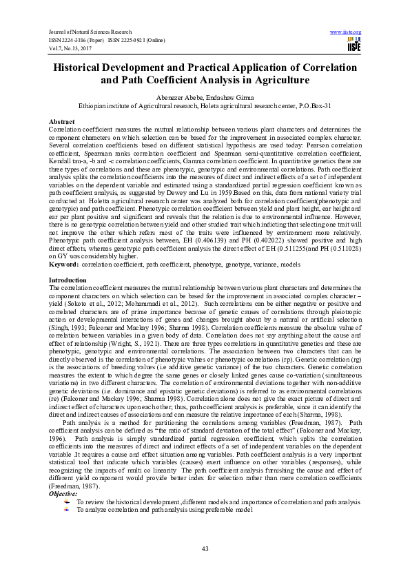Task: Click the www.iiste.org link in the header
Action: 345,32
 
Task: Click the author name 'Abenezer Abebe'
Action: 178,98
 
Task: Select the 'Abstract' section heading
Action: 61,121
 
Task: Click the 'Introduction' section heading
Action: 67,280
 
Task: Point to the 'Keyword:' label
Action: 63,264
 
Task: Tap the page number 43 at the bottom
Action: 205,548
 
